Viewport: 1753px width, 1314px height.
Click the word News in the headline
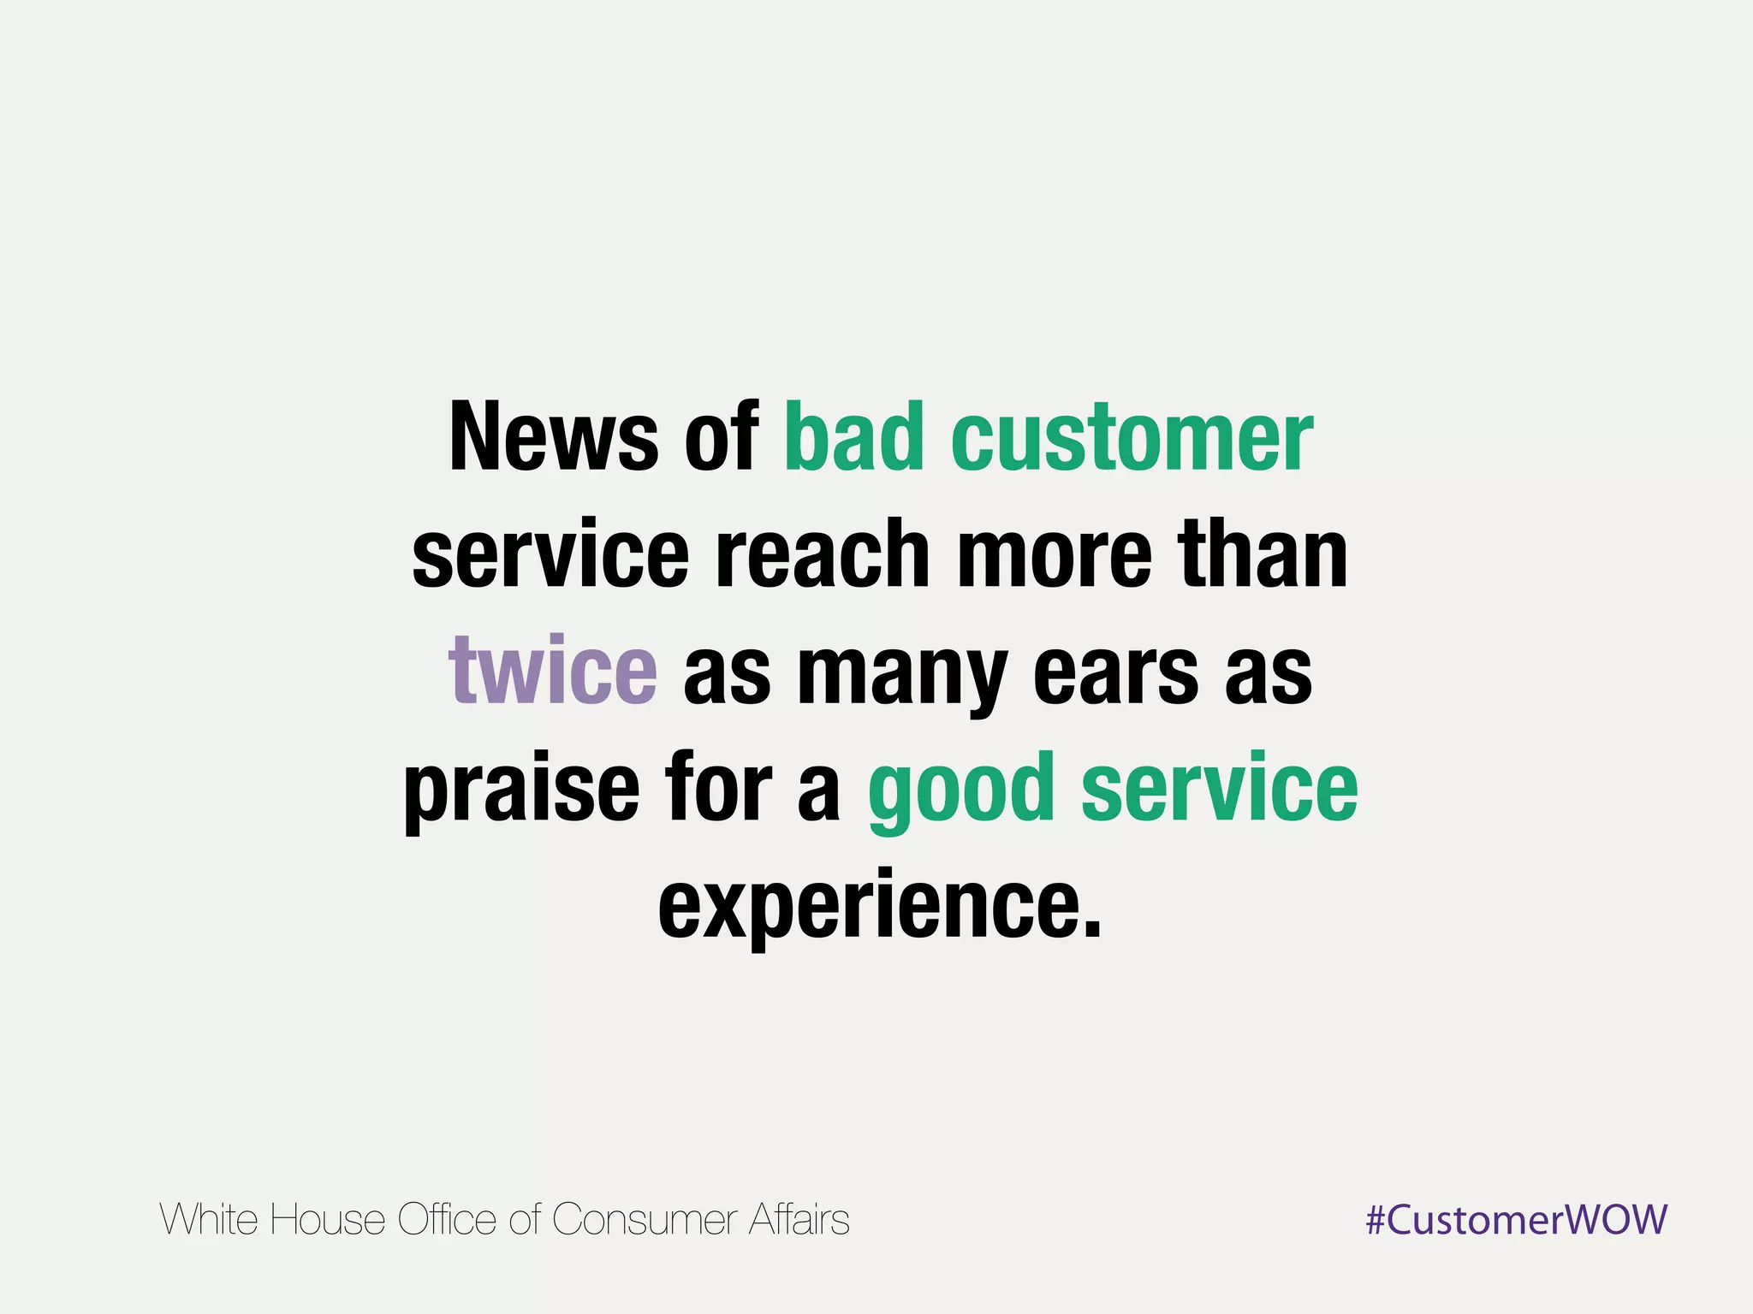click(553, 438)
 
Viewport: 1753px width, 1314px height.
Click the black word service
click(550, 555)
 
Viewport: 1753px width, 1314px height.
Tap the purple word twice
click(552, 671)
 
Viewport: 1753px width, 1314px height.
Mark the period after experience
click(1090, 931)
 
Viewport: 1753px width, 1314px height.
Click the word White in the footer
click(209, 1219)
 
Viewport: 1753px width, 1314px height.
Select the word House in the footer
click(327, 1219)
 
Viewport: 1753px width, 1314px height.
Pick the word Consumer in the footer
click(644, 1220)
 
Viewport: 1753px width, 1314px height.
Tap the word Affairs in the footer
click(799, 1219)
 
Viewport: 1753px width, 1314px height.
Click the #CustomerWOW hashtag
click(1516, 1219)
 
